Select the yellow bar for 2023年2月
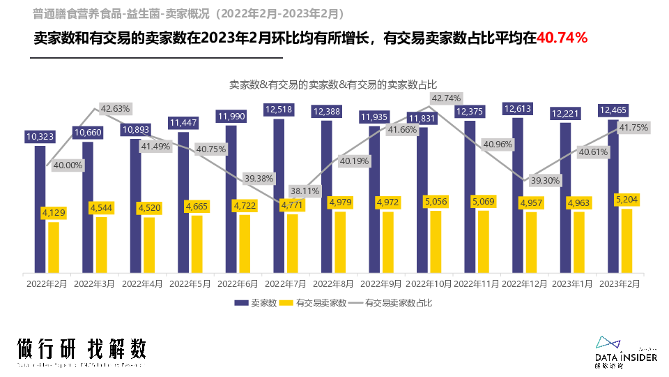click(626, 241)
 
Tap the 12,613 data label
click(517, 109)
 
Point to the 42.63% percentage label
click(115, 108)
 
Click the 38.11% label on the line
click(305, 190)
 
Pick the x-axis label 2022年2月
click(47, 284)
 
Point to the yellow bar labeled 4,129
click(54, 248)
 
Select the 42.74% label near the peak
click(446, 98)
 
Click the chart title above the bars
click(334, 84)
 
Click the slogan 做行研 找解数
click(82, 348)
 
